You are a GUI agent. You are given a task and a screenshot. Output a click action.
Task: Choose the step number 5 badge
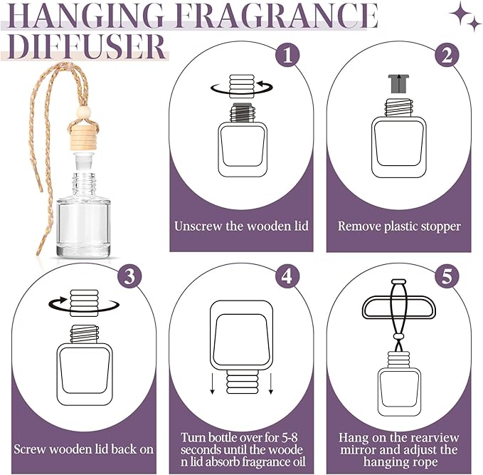click(445, 276)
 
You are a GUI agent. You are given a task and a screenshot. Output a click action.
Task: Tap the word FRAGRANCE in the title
click(275, 16)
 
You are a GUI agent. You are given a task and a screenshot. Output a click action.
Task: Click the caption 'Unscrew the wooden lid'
click(241, 226)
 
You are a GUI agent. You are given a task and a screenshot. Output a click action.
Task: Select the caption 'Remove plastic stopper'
click(398, 226)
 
